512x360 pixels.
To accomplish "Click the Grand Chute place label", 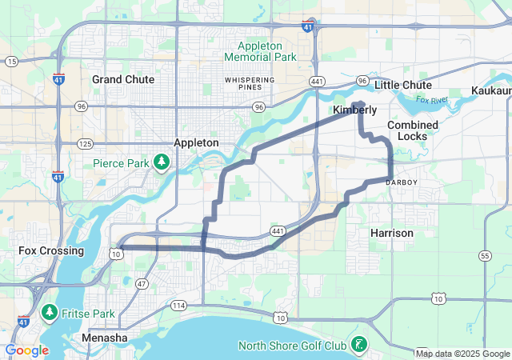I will pyautogui.click(x=118, y=79).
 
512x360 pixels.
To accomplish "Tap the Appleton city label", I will pyautogui.click(x=196, y=142).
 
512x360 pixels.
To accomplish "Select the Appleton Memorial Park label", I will pyautogui.click(x=260, y=51).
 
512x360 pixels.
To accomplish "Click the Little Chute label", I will pyautogui.click(x=403, y=85).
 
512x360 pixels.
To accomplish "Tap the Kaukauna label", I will pyautogui.click(x=491, y=90).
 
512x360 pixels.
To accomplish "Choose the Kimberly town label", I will pyautogui.click(x=354, y=110).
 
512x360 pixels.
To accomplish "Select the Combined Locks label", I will pyautogui.click(x=413, y=130).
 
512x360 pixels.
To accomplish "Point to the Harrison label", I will pyautogui.click(x=392, y=233).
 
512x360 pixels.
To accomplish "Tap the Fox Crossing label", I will pyautogui.click(x=51, y=250).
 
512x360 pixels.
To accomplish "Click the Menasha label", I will pyautogui.click(x=105, y=338).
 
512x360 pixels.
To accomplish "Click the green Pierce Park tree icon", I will pyautogui.click(x=162, y=163).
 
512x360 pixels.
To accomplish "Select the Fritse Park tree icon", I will pyautogui.click(x=50, y=310).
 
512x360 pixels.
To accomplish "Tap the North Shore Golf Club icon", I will pyautogui.click(x=361, y=345).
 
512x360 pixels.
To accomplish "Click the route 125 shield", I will pyautogui.click(x=86, y=143).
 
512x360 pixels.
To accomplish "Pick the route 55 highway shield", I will pyautogui.click(x=485, y=256).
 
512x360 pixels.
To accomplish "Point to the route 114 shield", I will pyautogui.click(x=178, y=306).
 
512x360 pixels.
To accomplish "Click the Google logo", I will pyautogui.click(x=26, y=350).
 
